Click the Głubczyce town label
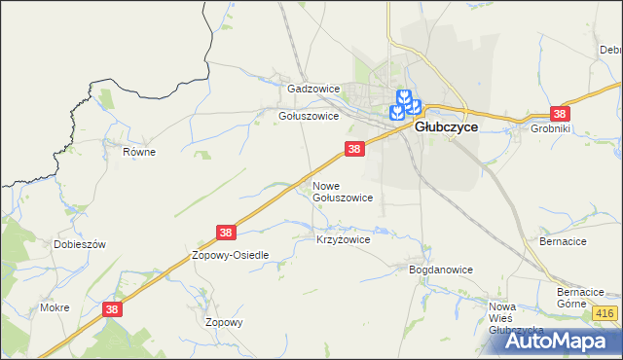coord(446,126)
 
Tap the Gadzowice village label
coord(312,89)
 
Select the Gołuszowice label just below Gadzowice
coord(308,115)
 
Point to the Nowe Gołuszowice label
coord(342,191)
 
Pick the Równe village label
coord(139,152)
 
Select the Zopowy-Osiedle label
coord(230,255)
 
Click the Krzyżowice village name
coord(344,238)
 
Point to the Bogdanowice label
coord(440,270)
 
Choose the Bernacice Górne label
coord(581,297)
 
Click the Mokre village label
coord(55,307)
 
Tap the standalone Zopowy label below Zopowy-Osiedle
coord(223,322)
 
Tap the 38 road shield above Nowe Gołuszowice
coord(354,149)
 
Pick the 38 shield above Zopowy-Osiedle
coord(226,233)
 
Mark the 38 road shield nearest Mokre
coord(113,308)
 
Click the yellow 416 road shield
coord(604,312)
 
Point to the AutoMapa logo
coord(564,341)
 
